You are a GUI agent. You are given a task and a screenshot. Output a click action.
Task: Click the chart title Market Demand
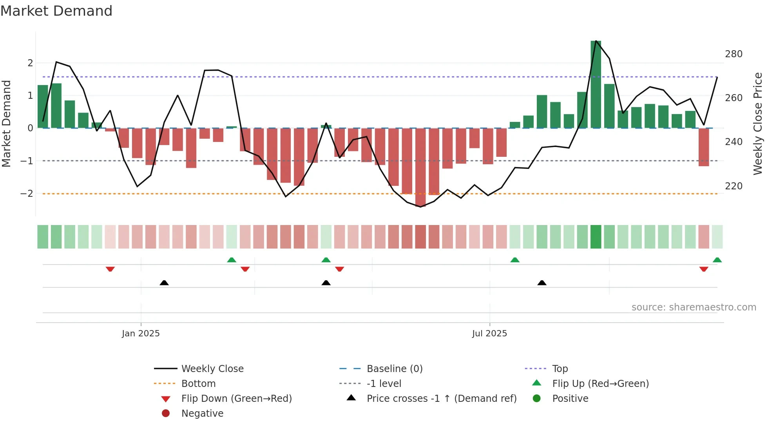[56, 11]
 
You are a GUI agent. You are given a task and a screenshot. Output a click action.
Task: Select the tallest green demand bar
[596, 84]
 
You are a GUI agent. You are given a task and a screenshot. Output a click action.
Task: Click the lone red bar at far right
[704, 147]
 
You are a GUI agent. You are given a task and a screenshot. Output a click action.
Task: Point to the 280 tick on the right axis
[734, 54]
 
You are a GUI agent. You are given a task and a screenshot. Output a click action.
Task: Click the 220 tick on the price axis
[734, 186]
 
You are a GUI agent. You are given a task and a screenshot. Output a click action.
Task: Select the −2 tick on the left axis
[27, 193]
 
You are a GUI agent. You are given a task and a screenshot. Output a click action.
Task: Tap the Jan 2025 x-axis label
[141, 334]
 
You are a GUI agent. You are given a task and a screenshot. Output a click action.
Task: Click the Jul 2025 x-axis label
[489, 334]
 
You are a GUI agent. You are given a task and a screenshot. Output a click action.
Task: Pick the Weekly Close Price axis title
[758, 123]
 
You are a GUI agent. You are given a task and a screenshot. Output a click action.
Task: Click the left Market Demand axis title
[6, 123]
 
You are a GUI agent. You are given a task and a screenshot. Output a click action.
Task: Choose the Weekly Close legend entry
[212, 369]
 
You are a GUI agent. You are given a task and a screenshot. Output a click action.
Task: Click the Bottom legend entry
[198, 384]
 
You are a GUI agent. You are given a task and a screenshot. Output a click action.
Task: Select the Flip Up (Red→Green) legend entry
[600, 384]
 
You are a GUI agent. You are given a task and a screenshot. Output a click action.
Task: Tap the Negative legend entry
[202, 414]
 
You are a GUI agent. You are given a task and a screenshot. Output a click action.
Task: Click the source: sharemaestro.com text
[694, 307]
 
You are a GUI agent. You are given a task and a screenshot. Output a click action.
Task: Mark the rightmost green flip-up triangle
[717, 260]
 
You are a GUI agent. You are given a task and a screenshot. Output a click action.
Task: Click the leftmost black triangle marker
[164, 283]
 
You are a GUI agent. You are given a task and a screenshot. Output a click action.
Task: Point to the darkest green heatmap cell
[596, 237]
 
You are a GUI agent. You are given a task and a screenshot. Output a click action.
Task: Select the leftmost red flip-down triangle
[110, 269]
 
